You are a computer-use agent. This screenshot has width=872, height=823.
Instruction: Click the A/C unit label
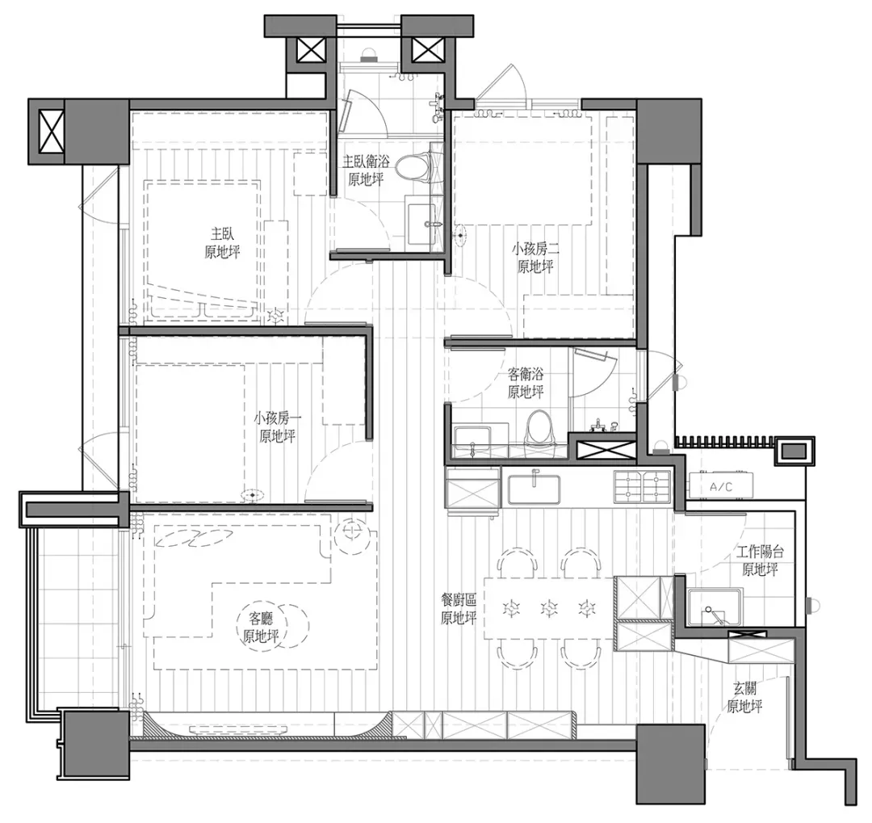click(x=721, y=487)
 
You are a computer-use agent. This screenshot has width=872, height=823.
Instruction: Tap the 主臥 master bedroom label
click(x=223, y=233)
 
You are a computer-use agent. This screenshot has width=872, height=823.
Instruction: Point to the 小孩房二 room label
click(x=535, y=249)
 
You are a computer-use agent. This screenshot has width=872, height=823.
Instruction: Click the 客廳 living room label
click(x=261, y=618)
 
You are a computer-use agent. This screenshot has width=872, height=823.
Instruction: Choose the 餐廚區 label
click(x=459, y=599)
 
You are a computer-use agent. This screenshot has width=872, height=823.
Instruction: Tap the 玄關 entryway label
click(x=744, y=688)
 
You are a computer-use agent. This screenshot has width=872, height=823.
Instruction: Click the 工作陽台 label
click(x=761, y=552)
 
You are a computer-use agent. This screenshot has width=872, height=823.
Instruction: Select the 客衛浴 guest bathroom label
click(x=526, y=373)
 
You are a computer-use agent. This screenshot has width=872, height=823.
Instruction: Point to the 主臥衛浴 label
click(x=366, y=162)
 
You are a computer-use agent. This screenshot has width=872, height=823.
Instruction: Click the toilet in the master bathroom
click(x=415, y=169)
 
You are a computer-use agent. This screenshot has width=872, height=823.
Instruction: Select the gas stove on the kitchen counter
click(x=643, y=485)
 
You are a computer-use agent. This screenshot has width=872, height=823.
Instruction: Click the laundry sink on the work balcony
click(x=715, y=607)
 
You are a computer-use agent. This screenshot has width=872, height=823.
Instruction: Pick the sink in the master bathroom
click(x=421, y=224)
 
